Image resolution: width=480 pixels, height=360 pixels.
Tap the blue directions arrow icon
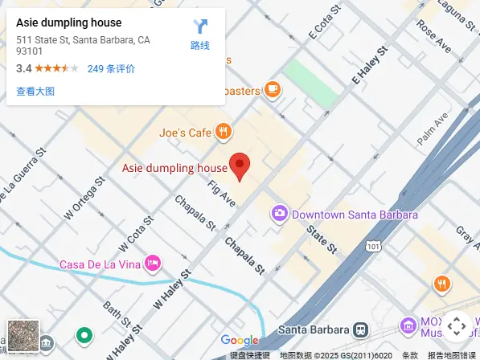click(x=200, y=27)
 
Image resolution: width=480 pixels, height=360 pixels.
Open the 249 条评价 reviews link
click(x=111, y=69)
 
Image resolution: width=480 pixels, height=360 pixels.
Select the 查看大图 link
click(x=35, y=92)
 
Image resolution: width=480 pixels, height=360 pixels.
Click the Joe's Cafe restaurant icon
click(x=224, y=132)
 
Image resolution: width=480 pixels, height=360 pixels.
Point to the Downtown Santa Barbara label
click(x=355, y=215)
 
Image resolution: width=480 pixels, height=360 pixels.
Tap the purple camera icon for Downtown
click(x=280, y=214)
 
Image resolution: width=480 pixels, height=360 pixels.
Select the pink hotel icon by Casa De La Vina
click(x=153, y=263)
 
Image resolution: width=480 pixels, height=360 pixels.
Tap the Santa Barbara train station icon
click(x=362, y=329)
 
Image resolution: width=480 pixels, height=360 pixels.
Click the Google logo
click(x=240, y=341)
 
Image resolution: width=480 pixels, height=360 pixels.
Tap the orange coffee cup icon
click(x=273, y=89)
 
